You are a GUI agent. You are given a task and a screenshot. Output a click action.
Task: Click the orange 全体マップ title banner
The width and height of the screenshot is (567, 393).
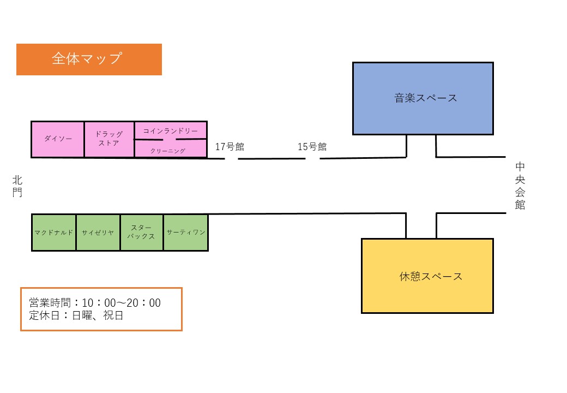[x=89, y=59]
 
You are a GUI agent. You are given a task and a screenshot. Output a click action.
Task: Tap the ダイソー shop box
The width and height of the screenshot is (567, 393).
[x=58, y=139]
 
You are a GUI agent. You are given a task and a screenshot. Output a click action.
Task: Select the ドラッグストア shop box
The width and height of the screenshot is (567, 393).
[x=109, y=139]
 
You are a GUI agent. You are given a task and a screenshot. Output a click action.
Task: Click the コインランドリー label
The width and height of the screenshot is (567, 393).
[x=171, y=131]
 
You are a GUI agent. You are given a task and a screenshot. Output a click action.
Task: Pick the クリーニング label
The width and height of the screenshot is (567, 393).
[x=168, y=151]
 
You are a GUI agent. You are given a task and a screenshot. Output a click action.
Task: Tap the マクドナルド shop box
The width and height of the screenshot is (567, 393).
[x=53, y=233]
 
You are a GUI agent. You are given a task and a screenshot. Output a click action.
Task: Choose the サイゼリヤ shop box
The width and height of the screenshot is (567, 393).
[x=98, y=233]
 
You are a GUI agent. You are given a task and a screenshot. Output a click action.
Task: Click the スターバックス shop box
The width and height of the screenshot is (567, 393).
[x=141, y=233]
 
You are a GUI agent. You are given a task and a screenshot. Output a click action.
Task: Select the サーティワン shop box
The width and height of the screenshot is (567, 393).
[x=186, y=233]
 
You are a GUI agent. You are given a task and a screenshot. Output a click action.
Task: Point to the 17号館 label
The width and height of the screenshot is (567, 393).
[x=230, y=146]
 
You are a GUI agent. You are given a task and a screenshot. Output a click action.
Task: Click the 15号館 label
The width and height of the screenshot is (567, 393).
[x=312, y=146]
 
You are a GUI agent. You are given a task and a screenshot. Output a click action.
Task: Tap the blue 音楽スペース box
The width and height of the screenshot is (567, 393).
[x=423, y=98]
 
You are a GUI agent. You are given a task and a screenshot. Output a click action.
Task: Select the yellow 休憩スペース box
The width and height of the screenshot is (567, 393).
[x=427, y=276]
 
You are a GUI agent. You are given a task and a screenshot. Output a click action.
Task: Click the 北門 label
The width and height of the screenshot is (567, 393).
[x=17, y=186]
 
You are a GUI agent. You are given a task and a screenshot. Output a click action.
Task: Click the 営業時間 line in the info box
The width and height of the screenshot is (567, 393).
[x=95, y=303]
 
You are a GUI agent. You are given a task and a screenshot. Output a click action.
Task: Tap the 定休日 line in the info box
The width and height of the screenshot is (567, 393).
[x=76, y=315]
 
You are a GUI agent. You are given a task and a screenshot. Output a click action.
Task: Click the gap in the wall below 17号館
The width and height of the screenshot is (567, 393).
[x=232, y=159]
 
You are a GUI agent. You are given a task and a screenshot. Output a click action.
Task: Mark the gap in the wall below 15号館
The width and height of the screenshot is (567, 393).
[x=312, y=159]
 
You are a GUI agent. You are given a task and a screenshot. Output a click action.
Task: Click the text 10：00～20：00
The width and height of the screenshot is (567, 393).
[x=121, y=303]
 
